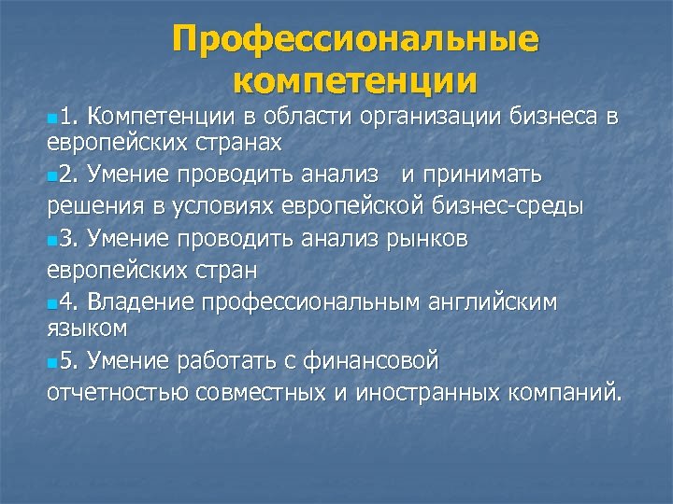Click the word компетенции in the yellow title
(x=355, y=79)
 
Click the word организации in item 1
(x=429, y=117)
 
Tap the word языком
(x=87, y=329)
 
